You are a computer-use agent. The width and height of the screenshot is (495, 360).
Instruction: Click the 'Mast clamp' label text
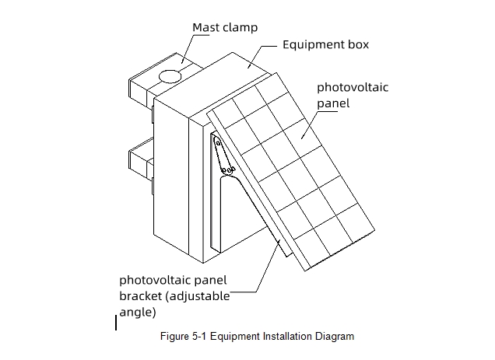(x=225, y=27)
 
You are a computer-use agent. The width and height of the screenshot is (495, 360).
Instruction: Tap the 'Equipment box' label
(x=325, y=44)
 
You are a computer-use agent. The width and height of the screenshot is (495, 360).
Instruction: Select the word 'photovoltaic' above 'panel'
(x=352, y=87)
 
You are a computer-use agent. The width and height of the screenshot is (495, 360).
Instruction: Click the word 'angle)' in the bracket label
(x=138, y=313)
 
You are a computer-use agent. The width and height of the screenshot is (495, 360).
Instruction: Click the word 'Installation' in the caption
(x=287, y=337)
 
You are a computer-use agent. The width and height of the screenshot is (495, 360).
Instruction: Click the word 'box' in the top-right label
(x=358, y=44)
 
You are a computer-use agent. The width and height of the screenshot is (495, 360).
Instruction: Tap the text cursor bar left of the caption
(x=116, y=322)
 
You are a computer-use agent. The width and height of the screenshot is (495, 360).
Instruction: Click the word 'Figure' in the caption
(x=173, y=337)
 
